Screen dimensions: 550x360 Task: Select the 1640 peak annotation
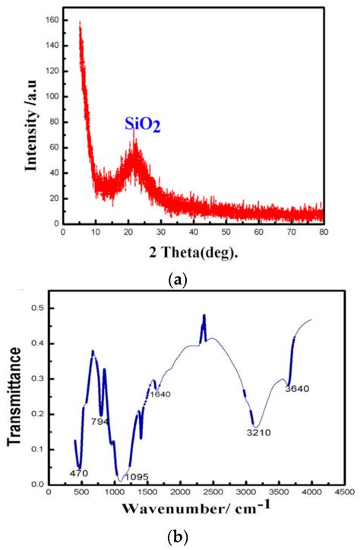160,394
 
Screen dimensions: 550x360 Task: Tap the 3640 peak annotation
297,389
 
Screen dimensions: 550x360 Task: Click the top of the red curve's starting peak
80,23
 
